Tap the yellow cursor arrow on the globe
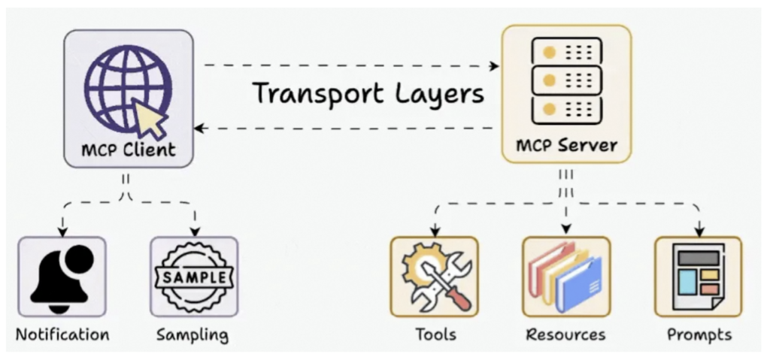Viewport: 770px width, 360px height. point(150,118)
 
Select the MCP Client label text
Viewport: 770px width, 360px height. point(128,150)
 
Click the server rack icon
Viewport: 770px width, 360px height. point(566,80)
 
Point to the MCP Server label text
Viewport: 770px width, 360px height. point(566,144)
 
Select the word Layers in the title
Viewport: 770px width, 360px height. point(441,93)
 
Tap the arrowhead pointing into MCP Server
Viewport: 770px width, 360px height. point(494,66)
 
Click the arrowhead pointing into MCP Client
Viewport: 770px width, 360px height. point(200,129)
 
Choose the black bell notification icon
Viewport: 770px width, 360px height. point(62,277)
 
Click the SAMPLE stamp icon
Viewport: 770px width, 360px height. point(194,277)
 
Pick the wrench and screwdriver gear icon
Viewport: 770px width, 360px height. point(434,277)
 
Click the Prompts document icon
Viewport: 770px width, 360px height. point(698,277)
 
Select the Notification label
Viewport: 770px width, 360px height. point(62,334)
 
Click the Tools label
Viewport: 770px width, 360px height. point(435,334)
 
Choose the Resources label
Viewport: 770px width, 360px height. point(565,334)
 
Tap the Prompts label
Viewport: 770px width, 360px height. point(699,334)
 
